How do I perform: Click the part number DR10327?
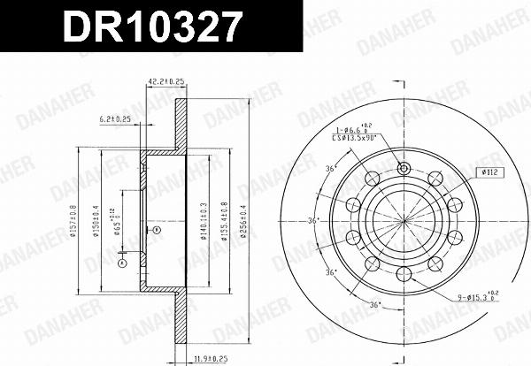[150, 27]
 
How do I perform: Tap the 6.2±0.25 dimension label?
[115, 118]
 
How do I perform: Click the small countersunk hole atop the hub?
[404, 170]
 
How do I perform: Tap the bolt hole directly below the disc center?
[404, 271]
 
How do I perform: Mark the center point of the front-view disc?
[404, 220]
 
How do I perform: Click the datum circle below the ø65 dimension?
[122, 261]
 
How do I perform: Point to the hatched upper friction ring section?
[181, 124]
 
